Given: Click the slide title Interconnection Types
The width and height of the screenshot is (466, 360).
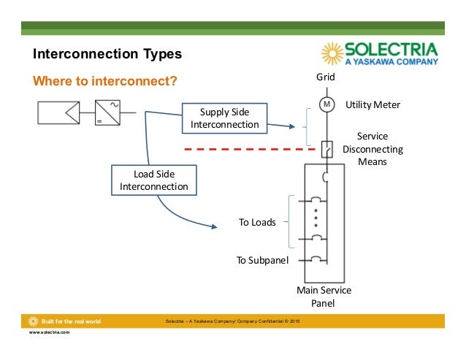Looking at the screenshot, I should pos(107,55).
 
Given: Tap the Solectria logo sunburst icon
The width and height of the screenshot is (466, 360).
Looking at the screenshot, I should pos(332,54).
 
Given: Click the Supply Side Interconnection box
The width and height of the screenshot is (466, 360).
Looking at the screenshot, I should pos(224,118).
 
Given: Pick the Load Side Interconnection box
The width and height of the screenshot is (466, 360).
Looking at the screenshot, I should pos(153,180).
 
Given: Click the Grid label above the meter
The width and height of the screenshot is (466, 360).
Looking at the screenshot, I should pos(325,77).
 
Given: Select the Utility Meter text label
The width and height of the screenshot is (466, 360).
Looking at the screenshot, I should pos(373,104).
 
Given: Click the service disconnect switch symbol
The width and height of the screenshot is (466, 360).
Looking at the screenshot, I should pos(326,150).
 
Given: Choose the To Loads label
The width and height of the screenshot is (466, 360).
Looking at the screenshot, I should pos(257,222).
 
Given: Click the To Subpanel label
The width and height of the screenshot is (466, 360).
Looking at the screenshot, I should pos(261,259).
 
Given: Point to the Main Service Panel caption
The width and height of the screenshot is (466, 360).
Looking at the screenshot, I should pos(324,296).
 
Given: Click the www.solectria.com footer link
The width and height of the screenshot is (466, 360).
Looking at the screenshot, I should pos(49,332).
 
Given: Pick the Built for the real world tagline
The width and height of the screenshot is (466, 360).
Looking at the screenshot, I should pos(71,321).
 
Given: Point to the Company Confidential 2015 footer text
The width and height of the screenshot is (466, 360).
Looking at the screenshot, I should pos(238,321).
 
